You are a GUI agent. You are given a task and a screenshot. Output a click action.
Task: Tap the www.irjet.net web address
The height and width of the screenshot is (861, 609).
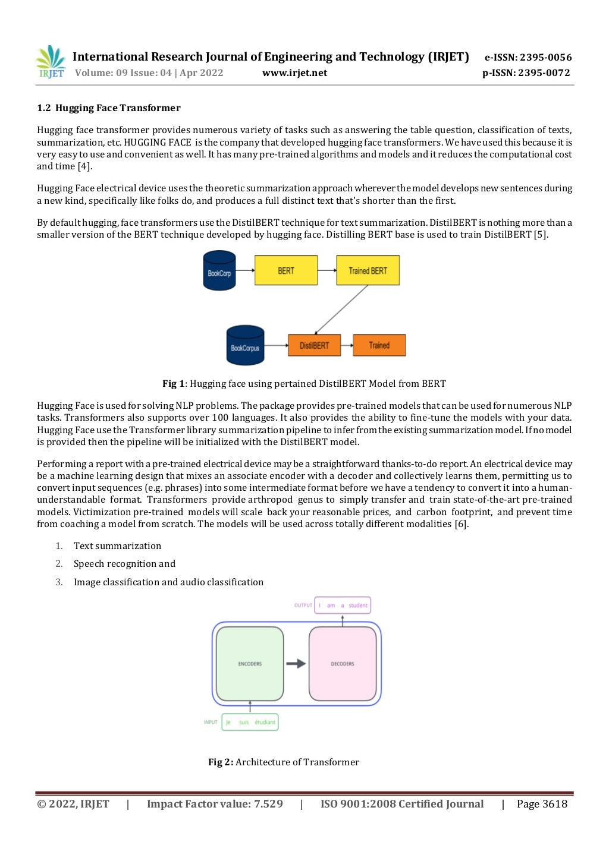[x=294, y=73]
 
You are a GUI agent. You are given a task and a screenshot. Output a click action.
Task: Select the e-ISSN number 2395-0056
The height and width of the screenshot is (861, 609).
[x=545, y=58]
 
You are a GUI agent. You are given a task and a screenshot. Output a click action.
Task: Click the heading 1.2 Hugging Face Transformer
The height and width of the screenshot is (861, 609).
[x=109, y=108]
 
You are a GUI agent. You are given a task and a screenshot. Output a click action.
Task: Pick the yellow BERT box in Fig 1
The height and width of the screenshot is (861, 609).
[x=286, y=270]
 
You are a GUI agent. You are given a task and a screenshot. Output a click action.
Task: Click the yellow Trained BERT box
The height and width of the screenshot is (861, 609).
[x=368, y=270]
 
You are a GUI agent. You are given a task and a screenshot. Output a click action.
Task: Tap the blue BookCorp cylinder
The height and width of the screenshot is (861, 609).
[x=219, y=271]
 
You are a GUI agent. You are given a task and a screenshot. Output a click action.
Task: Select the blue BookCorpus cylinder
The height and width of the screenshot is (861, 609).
[x=245, y=346]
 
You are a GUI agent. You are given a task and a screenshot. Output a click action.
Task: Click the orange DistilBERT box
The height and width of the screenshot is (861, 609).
[x=314, y=345]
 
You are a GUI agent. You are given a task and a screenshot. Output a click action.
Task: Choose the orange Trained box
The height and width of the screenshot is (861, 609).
[x=379, y=345]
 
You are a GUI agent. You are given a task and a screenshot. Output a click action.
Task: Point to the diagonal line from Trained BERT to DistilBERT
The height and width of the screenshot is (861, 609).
[x=341, y=310]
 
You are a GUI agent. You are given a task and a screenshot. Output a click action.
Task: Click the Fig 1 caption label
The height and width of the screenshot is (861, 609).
[x=174, y=384]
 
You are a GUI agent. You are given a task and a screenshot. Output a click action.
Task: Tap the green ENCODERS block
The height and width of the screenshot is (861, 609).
[x=250, y=664]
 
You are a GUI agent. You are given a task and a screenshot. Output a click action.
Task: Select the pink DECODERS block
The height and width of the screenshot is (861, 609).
[x=343, y=664]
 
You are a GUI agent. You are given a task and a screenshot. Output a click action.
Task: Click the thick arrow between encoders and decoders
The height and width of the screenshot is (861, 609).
[x=296, y=664]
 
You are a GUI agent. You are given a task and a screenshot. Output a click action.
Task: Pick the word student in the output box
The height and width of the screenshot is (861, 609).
[x=358, y=605]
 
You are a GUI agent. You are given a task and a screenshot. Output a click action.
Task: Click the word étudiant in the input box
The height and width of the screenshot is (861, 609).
[x=265, y=723]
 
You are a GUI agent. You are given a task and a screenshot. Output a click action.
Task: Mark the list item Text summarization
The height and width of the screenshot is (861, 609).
[x=117, y=546]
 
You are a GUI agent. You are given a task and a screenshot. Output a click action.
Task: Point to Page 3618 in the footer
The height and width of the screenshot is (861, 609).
[x=542, y=804]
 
